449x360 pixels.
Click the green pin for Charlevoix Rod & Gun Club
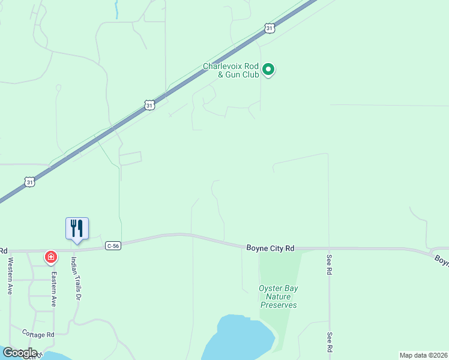coord(269,70)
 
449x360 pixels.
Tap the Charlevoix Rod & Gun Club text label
coord(231,71)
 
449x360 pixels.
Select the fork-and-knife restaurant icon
coord(77,229)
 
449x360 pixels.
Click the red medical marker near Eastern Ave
coord(51,257)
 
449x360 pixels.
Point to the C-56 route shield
coord(113,245)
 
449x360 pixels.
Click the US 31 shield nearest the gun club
coord(270,28)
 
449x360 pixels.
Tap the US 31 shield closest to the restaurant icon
coord(30,182)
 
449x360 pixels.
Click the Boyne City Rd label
coord(270,248)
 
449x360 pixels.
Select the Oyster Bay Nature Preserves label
coord(279,296)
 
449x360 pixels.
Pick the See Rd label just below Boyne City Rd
coord(330,265)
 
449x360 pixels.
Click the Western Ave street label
coord(10,275)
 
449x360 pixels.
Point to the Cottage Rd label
coord(38,334)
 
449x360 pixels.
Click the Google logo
coord(19,353)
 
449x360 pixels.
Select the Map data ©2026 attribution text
coord(423,355)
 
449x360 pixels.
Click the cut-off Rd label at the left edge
coord(4,250)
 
